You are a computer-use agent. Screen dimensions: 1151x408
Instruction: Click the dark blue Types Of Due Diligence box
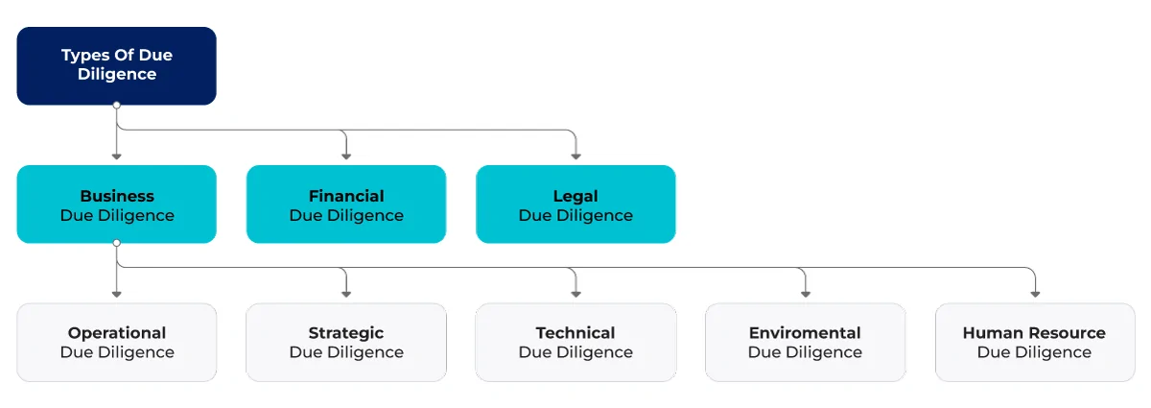(117, 66)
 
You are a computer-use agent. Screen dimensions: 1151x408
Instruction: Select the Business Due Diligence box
(117, 204)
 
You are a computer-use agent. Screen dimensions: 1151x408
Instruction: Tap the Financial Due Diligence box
(346, 204)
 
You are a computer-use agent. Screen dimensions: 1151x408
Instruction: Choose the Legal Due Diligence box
(575, 204)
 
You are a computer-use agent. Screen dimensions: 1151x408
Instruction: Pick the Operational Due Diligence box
(117, 342)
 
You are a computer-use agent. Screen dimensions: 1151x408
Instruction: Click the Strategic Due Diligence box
(346, 342)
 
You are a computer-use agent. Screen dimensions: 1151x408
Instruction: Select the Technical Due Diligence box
(575, 342)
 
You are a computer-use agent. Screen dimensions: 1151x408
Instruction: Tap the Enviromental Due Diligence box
(805, 342)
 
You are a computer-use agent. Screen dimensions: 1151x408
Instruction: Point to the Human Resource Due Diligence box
(1035, 342)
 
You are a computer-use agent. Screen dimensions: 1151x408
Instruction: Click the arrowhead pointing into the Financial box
(346, 156)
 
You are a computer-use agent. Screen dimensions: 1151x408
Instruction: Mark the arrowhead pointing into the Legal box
(576, 156)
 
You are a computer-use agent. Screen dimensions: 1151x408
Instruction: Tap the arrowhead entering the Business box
(117, 156)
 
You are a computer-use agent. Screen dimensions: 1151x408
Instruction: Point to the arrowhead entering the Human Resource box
(1035, 295)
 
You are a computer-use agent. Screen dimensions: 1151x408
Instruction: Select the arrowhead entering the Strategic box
(346, 295)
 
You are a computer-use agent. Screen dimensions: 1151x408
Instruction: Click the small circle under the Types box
(117, 105)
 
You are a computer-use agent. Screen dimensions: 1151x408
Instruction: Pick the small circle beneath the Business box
(117, 243)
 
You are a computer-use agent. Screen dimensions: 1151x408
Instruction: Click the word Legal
(575, 197)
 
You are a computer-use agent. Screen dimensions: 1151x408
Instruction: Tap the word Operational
(117, 333)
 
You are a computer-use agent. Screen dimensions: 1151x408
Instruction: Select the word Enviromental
(805, 333)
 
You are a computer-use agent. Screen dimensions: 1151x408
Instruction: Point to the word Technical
(575, 333)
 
